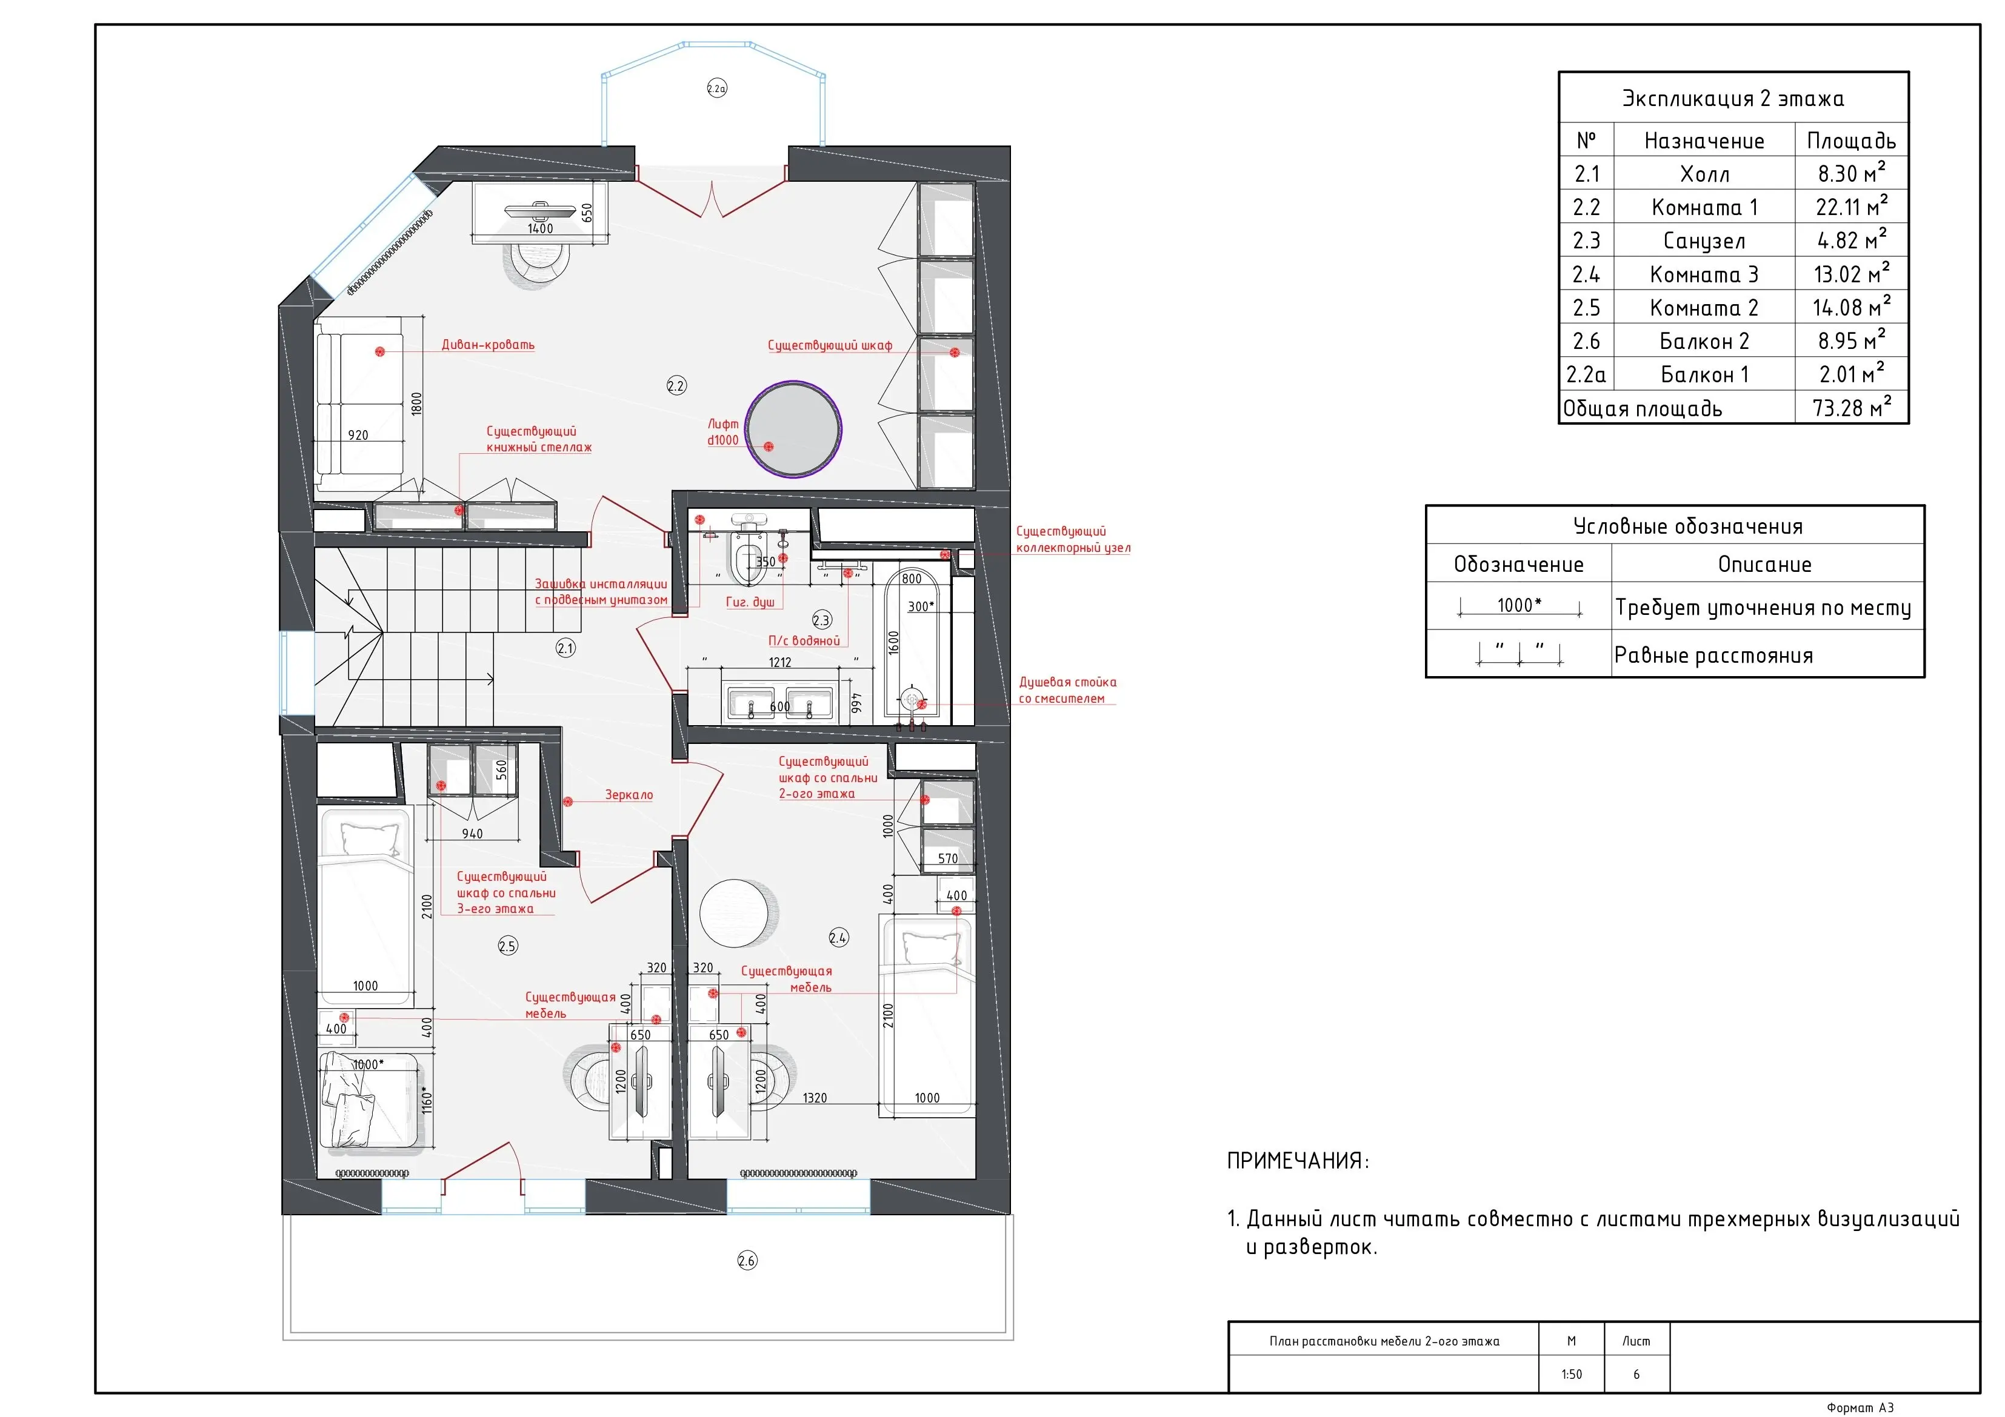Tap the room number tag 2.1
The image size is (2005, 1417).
[566, 648]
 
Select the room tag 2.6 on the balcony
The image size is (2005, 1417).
[747, 1260]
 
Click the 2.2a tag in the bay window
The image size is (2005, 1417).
[717, 88]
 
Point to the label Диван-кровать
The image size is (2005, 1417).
[488, 345]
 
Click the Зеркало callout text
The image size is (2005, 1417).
[629, 795]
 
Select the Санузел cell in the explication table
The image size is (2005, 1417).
[1704, 241]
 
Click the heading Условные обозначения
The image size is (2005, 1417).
[1687, 526]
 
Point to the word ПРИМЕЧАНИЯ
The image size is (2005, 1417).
[1298, 1161]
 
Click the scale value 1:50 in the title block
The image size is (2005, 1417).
[1571, 1374]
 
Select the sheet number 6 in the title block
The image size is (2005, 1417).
[1636, 1374]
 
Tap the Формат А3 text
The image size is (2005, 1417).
[1860, 1407]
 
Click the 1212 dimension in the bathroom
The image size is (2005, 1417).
[780, 663]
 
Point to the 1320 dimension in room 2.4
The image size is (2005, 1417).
[815, 1098]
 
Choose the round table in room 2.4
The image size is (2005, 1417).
[735, 913]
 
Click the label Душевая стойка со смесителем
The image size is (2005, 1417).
[1067, 690]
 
